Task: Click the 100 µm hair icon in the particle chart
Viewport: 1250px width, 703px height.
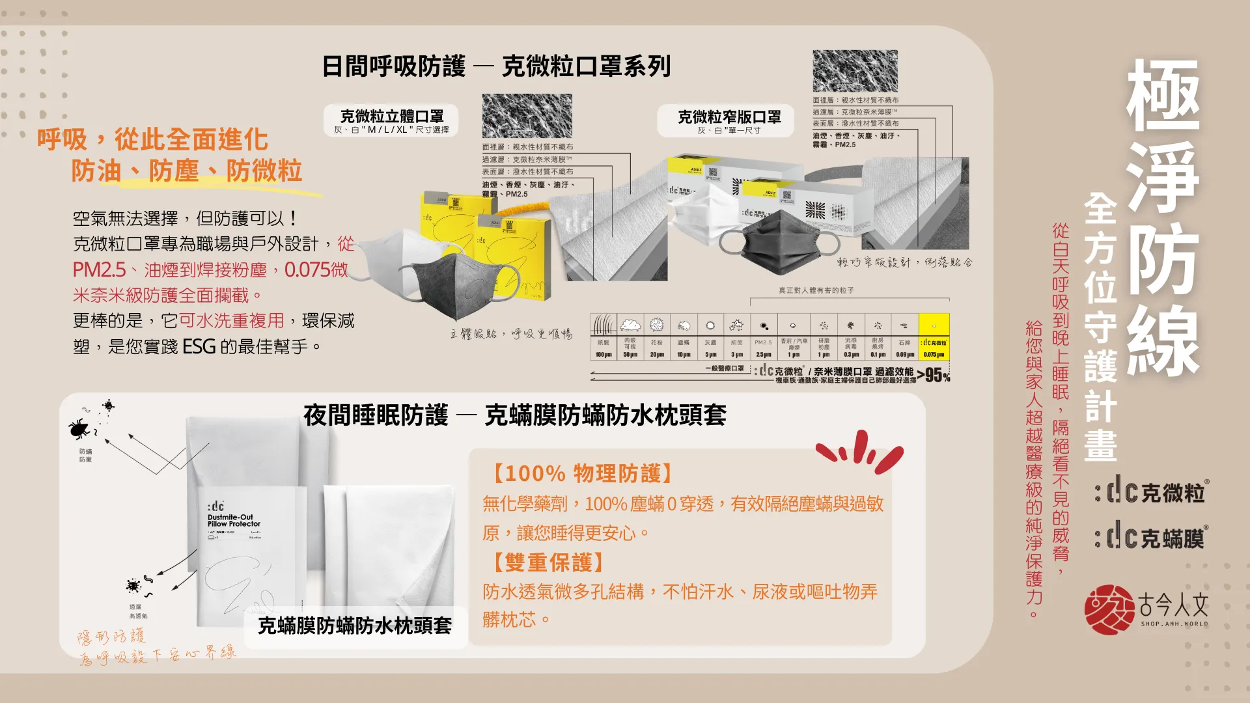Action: click(x=603, y=324)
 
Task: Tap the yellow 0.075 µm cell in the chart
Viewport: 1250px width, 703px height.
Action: click(x=934, y=337)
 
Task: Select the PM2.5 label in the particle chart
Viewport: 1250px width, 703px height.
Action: click(x=763, y=342)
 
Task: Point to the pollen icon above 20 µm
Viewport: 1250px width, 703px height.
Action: click(x=656, y=324)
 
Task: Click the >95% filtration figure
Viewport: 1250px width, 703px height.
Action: click(x=934, y=375)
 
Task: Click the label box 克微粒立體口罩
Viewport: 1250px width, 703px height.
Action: click(x=391, y=120)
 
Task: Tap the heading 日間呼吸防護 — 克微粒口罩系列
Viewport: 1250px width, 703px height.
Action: click(x=496, y=66)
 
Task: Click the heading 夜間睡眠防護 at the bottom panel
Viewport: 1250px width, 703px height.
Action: click(x=376, y=415)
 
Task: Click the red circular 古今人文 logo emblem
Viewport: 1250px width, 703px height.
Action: click(x=1109, y=609)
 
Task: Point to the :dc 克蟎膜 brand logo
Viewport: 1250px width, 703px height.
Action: click(x=1150, y=538)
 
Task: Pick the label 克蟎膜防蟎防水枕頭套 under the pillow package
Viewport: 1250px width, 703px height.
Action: click(x=355, y=626)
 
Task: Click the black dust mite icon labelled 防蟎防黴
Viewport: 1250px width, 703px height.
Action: click(x=79, y=428)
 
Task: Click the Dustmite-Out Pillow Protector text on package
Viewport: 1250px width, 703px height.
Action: click(x=234, y=521)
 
